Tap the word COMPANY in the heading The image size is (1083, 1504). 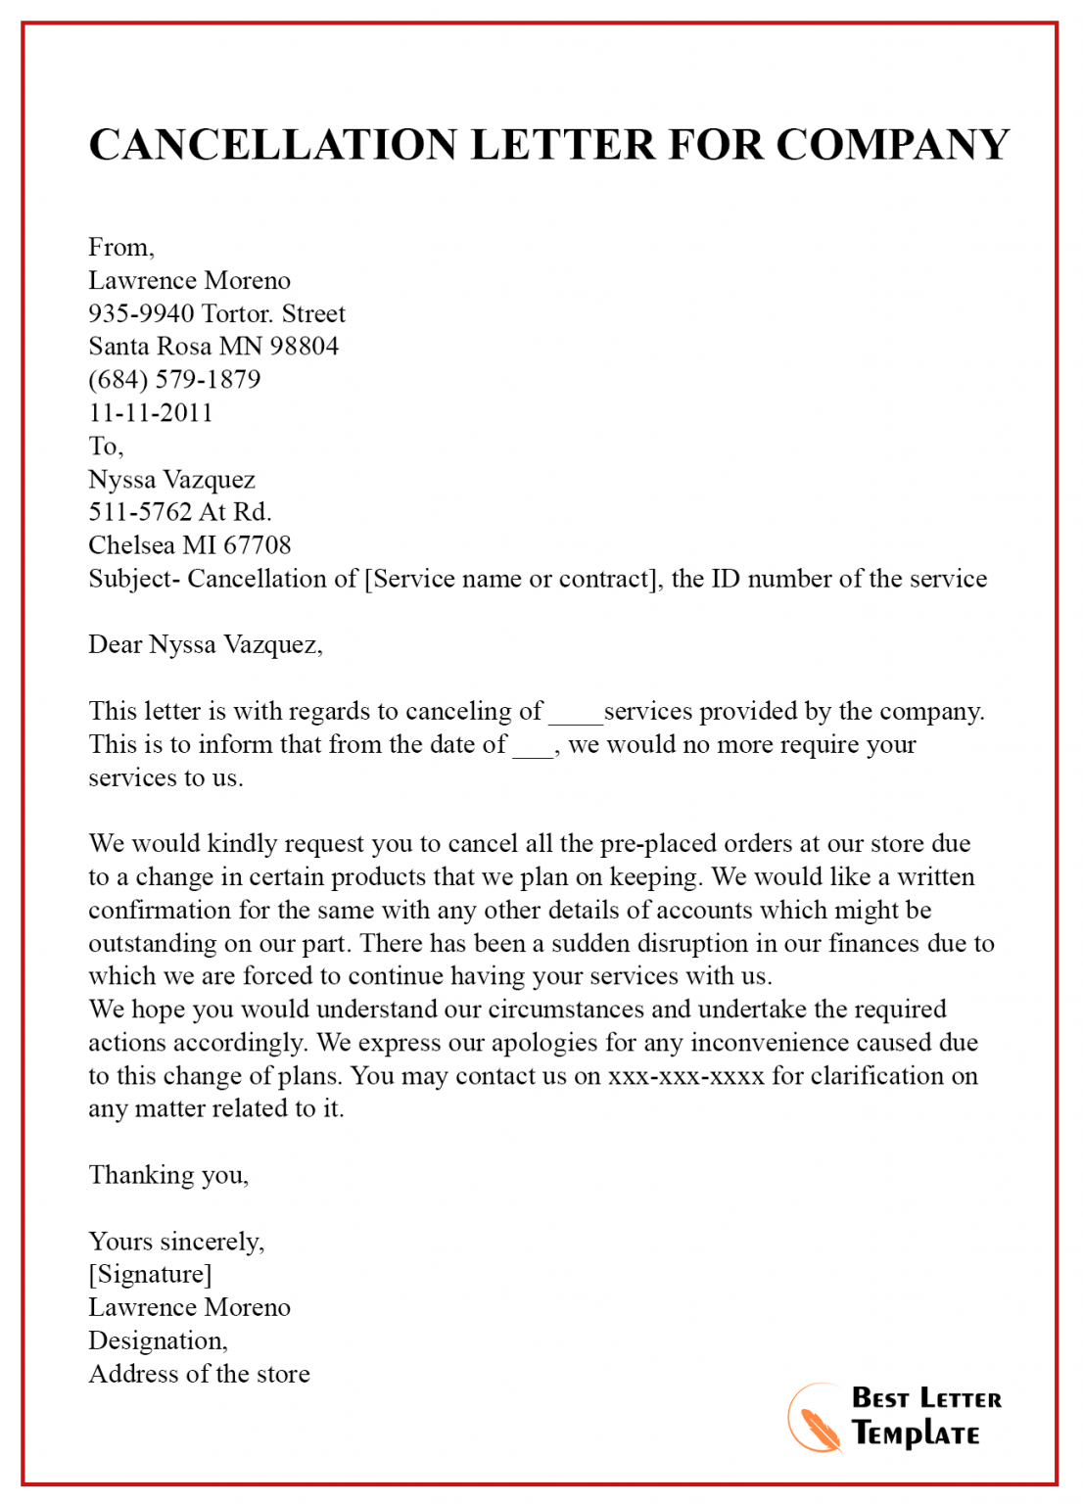point(892,145)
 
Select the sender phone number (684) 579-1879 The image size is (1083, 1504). point(174,379)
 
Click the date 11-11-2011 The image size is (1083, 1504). point(151,412)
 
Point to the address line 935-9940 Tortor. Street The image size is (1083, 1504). point(216,313)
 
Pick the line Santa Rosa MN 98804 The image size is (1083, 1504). point(213,347)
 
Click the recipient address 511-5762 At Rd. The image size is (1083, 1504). point(180,512)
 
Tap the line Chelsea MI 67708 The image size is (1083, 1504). point(190,545)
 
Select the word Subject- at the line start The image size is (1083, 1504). point(134,579)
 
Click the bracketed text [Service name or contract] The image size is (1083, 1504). point(510,579)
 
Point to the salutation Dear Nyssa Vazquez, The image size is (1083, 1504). point(206,644)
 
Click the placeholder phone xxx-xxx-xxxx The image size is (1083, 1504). point(685,1076)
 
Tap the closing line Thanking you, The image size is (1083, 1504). point(168,1175)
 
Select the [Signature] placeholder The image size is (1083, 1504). point(150,1274)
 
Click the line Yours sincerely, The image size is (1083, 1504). point(176,1242)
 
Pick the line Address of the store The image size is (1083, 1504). point(199,1374)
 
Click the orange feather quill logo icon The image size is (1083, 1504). point(816,1418)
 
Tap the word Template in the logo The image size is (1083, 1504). point(916,1434)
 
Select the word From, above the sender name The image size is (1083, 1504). point(121,247)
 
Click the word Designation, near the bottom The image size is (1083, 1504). point(158,1340)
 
